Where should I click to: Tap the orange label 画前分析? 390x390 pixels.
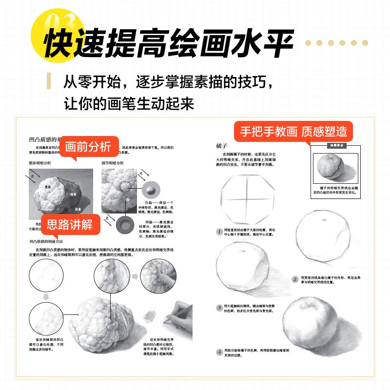[x=88, y=146]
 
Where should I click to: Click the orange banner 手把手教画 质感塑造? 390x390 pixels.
[x=293, y=131]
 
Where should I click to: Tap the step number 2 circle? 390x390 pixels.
[x=294, y=279]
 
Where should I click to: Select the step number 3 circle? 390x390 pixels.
[x=219, y=308]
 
